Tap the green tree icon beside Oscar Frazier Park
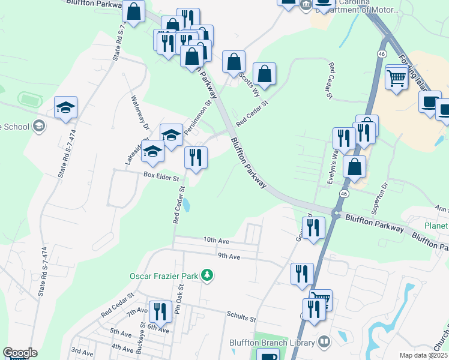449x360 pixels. click(x=207, y=275)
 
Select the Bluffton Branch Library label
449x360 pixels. click(x=272, y=343)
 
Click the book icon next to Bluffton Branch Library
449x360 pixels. click(x=324, y=341)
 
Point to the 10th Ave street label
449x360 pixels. click(x=217, y=240)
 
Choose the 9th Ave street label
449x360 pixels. click(x=229, y=256)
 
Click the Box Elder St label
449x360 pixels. click(x=161, y=178)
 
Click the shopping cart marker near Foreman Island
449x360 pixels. click(x=397, y=77)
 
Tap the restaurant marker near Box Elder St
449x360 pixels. click(x=196, y=157)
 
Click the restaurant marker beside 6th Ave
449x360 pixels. click(x=160, y=311)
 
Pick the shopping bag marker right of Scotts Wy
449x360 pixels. click(x=264, y=74)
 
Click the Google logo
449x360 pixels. click(x=20, y=353)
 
